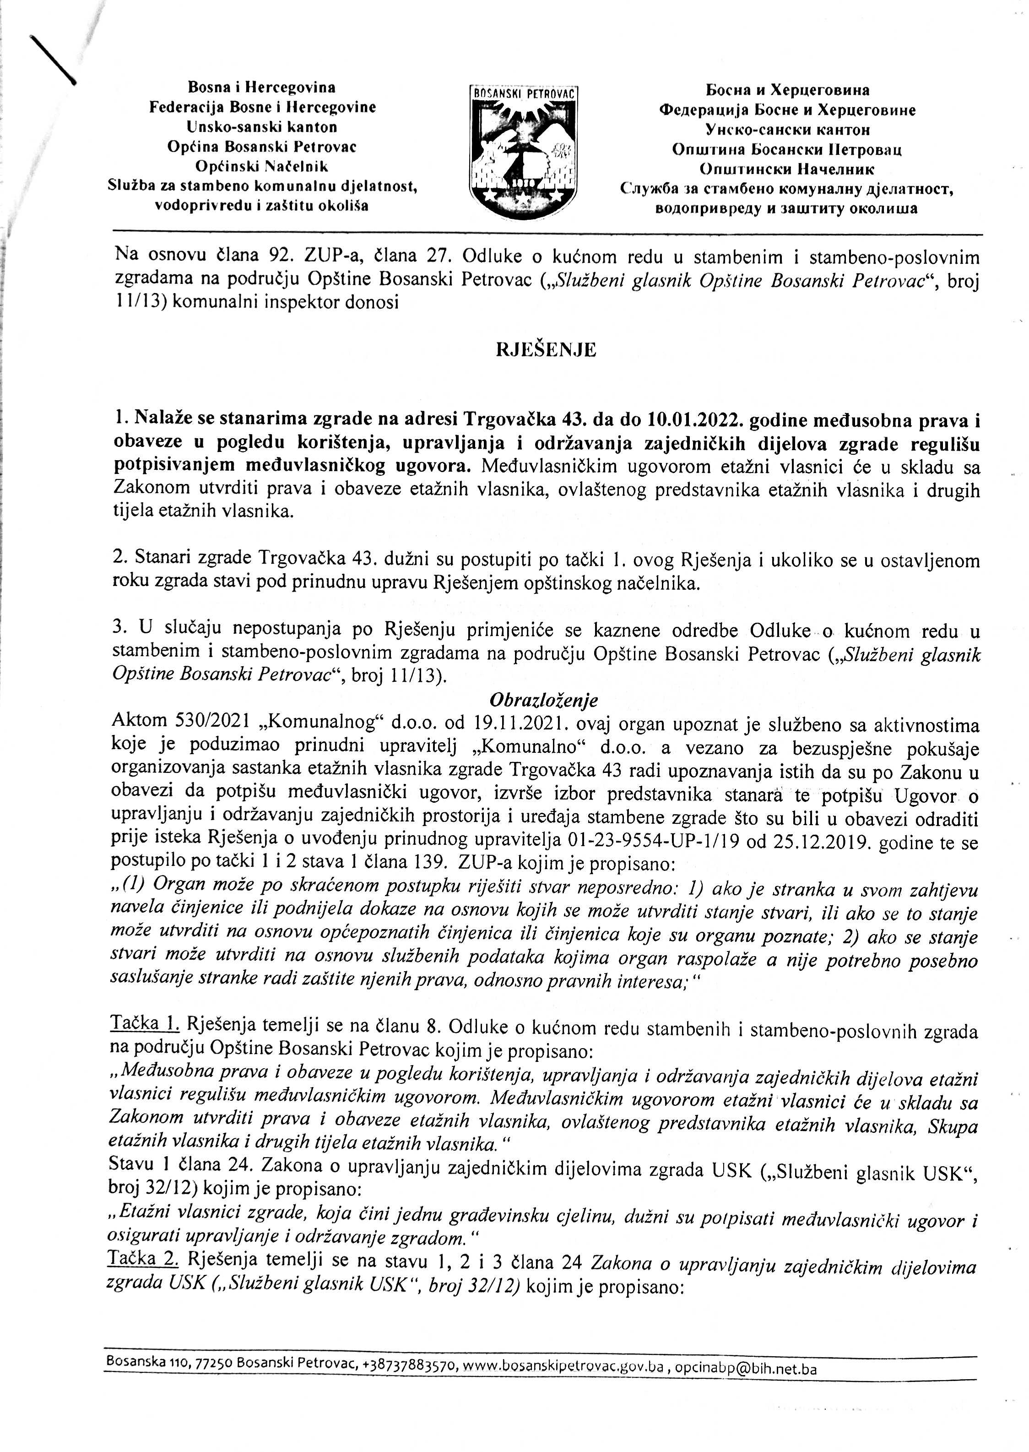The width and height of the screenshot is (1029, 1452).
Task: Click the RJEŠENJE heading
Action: [x=546, y=350]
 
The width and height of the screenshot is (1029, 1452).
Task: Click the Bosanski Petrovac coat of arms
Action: [x=523, y=152]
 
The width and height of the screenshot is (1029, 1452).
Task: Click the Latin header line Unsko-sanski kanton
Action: [x=262, y=127]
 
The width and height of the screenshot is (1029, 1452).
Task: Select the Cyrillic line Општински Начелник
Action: [x=787, y=170]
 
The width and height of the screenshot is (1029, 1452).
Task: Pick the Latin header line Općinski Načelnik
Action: [x=262, y=167]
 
